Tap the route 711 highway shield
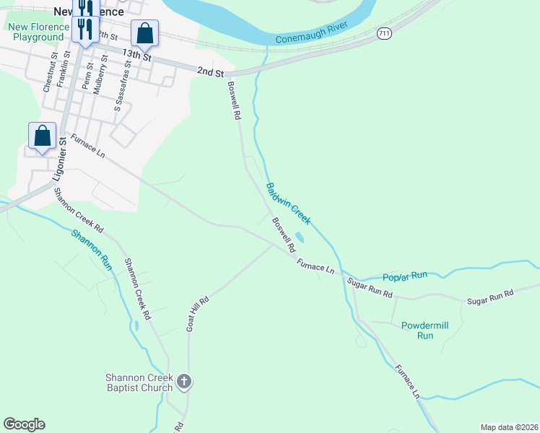pos(384,34)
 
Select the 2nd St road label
pos(209,70)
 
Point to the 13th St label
pos(136,55)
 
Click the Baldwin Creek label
pos(288,204)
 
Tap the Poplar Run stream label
pos(405,276)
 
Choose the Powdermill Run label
pos(425,331)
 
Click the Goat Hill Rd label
pos(197,314)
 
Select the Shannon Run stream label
pos(92,250)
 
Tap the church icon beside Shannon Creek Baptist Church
pos(184,382)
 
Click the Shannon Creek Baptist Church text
pos(139,382)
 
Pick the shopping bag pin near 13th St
pos(144,33)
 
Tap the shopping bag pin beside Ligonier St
pos(42,136)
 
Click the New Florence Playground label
pos(36,32)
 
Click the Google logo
pos(25,424)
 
